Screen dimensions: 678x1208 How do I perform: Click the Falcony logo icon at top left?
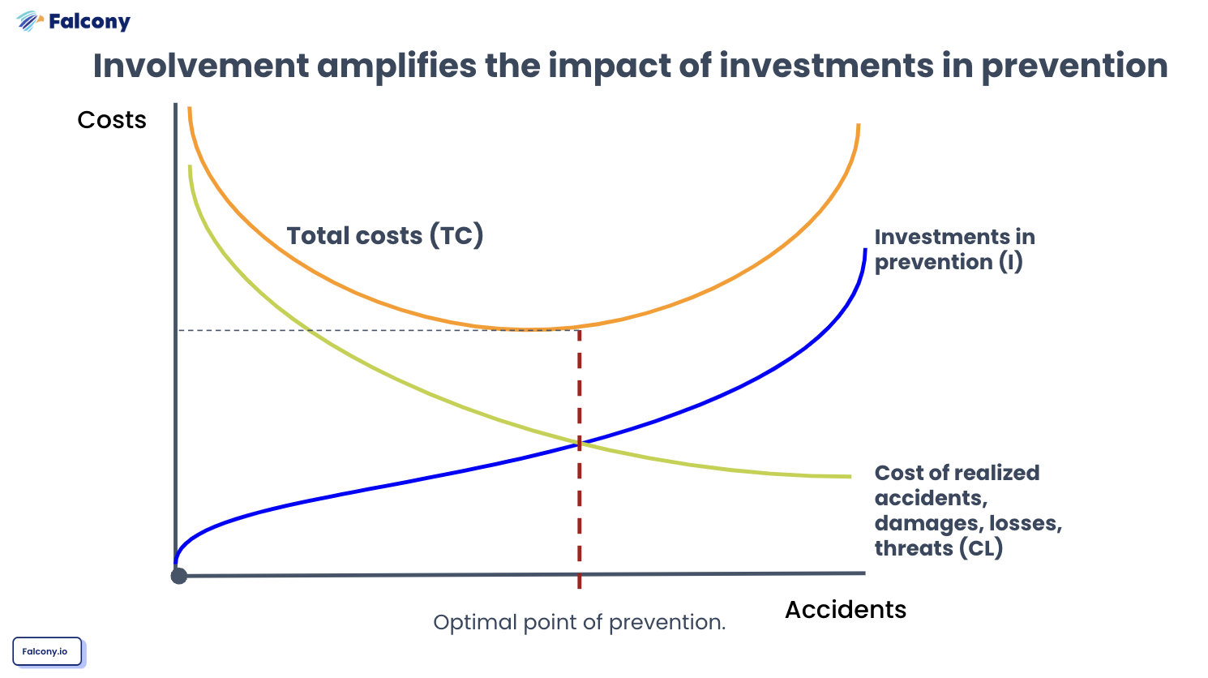click(x=29, y=21)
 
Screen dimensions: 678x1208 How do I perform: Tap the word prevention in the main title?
click(x=1074, y=67)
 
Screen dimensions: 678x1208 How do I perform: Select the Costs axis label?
click(x=112, y=120)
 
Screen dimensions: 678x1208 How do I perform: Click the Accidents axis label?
click(x=845, y=610)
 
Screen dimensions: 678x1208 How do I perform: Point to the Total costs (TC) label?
click(x=384, y=236)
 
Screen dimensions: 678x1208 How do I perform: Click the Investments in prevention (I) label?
click(x=954, y=249)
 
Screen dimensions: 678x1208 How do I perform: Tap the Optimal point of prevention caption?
click(x=579, y=623)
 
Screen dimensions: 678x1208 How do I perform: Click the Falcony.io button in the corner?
click(x=47, y=651)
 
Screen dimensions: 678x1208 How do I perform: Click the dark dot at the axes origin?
click(x=179, y=576)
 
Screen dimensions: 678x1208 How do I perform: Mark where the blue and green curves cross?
click(x=580, y=444)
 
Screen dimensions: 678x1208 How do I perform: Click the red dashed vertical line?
click(x=579, y=503)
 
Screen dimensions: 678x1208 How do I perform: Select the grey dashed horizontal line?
click(x=365, y=330)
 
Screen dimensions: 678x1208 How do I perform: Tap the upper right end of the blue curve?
click(x=865, y=251)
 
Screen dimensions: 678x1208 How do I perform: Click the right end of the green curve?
click(x=849, y=476)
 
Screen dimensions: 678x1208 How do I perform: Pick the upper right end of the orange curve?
click(x=858, y=126)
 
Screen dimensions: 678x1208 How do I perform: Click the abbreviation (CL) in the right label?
click(x=981, y=548)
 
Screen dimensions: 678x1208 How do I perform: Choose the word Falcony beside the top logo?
click(x=89, y=22)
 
